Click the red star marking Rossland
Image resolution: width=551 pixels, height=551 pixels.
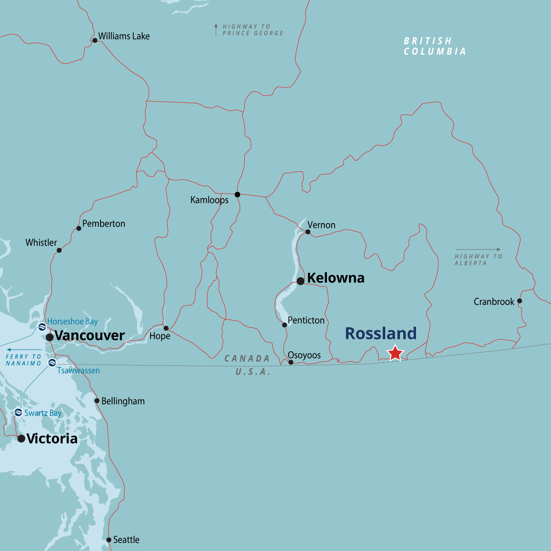tap(395, 353)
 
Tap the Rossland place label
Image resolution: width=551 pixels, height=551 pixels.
tap(381, 333)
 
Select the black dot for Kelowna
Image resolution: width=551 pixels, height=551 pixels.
tap(300, 281)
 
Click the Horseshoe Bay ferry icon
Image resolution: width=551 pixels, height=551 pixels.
tap(42, 327)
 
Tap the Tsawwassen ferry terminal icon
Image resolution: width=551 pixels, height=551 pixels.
tap(52, 363)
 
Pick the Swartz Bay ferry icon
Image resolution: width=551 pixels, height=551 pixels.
tap(18, 412)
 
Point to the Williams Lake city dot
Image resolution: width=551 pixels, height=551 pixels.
tap(95, 40)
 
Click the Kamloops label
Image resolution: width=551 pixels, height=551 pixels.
tap(209, 200)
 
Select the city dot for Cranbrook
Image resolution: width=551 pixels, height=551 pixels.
tap(519, 301)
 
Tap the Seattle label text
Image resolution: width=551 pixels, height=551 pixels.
tap(126, 540)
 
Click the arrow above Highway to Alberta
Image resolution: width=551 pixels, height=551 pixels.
tap(478, 250)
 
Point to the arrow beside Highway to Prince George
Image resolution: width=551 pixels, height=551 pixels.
tap(216, 30)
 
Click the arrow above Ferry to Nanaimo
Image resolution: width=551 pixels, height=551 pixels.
tap(24, 350)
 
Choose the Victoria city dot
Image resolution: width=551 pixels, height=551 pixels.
tap(21, 439)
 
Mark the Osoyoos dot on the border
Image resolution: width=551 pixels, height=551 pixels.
tap(291, 362)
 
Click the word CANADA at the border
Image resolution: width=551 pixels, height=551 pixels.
tap(247, 359)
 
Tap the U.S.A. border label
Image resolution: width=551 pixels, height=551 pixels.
tap(253, 372)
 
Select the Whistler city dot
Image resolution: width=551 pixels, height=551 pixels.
tap(59, 250)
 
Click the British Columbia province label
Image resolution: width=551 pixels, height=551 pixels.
tap(435, 46)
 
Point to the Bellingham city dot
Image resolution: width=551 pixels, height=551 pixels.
tap(97, 401)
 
